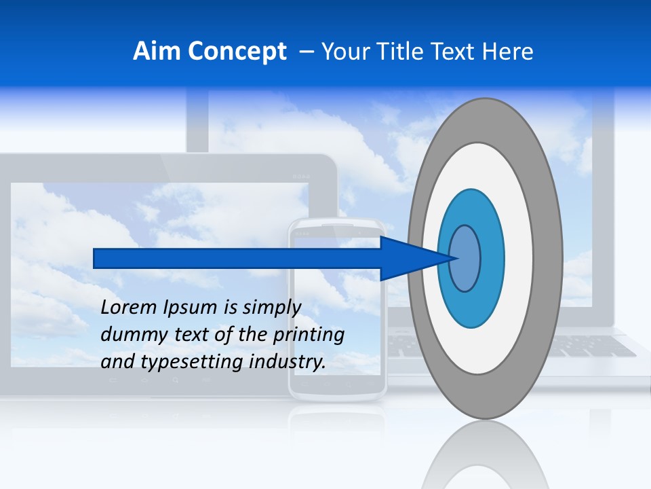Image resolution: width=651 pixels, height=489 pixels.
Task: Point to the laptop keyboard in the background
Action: coord(597,346)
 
